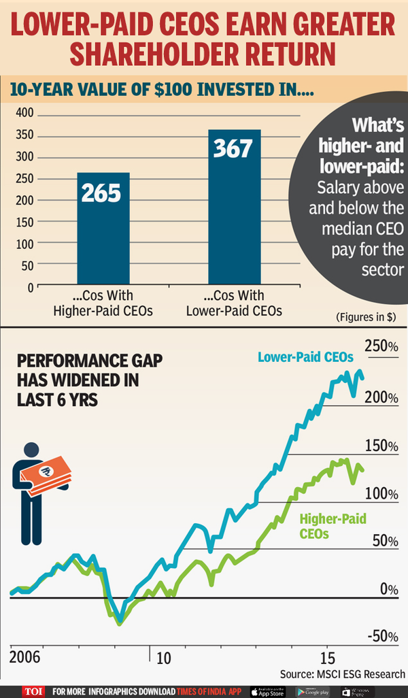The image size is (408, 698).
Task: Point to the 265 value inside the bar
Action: click(101, 194)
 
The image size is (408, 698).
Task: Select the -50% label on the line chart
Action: click(382, 636)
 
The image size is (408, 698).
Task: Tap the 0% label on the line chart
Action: click(389, 588)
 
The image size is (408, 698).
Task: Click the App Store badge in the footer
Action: click(268, 691)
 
